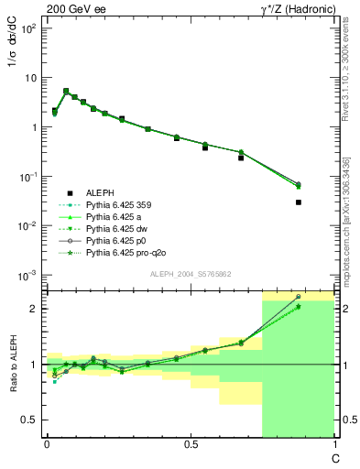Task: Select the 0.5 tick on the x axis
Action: pos(191,444)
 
